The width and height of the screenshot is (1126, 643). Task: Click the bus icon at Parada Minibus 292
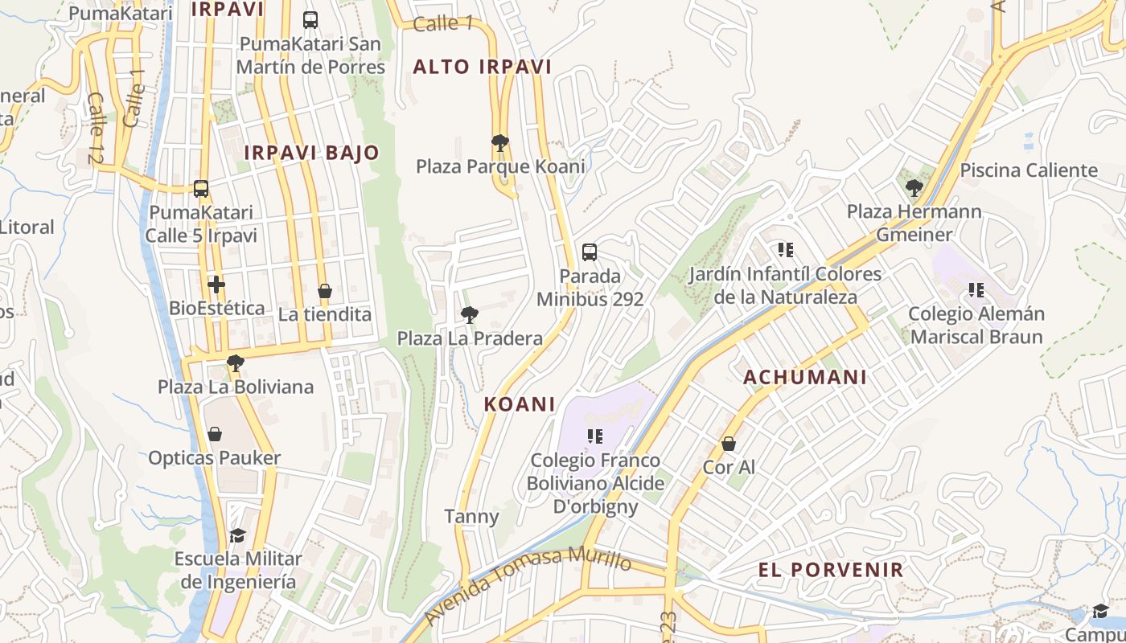590,252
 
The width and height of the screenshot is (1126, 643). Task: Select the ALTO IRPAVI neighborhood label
483,68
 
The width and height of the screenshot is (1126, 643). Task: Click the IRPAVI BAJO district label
311,153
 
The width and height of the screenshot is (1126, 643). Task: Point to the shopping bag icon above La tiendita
325,291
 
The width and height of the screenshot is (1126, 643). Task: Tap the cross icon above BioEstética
216,285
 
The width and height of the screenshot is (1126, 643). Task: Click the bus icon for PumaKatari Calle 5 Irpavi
201,189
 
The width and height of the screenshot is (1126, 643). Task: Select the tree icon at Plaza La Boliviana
235,363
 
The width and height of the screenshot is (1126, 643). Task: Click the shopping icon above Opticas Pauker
215,435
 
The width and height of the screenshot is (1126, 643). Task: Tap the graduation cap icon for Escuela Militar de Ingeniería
237,535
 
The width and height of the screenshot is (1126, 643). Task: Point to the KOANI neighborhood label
520,404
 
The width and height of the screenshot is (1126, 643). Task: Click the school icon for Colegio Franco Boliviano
595,436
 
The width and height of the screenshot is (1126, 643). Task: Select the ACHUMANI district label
805,377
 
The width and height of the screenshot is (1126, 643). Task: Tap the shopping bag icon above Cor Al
729,444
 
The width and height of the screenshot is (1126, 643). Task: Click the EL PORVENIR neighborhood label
831,570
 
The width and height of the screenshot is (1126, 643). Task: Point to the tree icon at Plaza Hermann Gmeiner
914,189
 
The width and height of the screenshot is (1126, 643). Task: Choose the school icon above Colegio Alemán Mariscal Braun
976,290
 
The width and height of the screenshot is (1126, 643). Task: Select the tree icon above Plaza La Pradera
470,315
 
